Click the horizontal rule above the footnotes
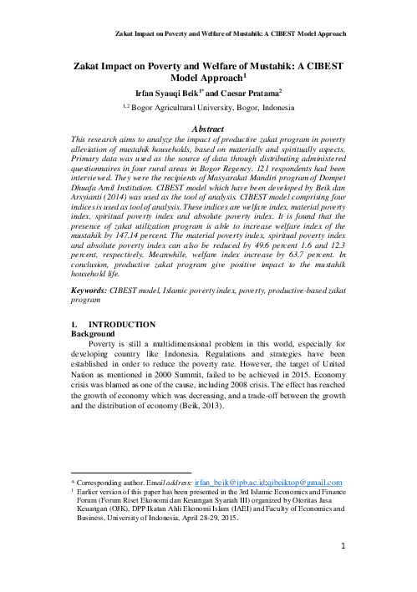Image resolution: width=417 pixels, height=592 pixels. tap(131, 473)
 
